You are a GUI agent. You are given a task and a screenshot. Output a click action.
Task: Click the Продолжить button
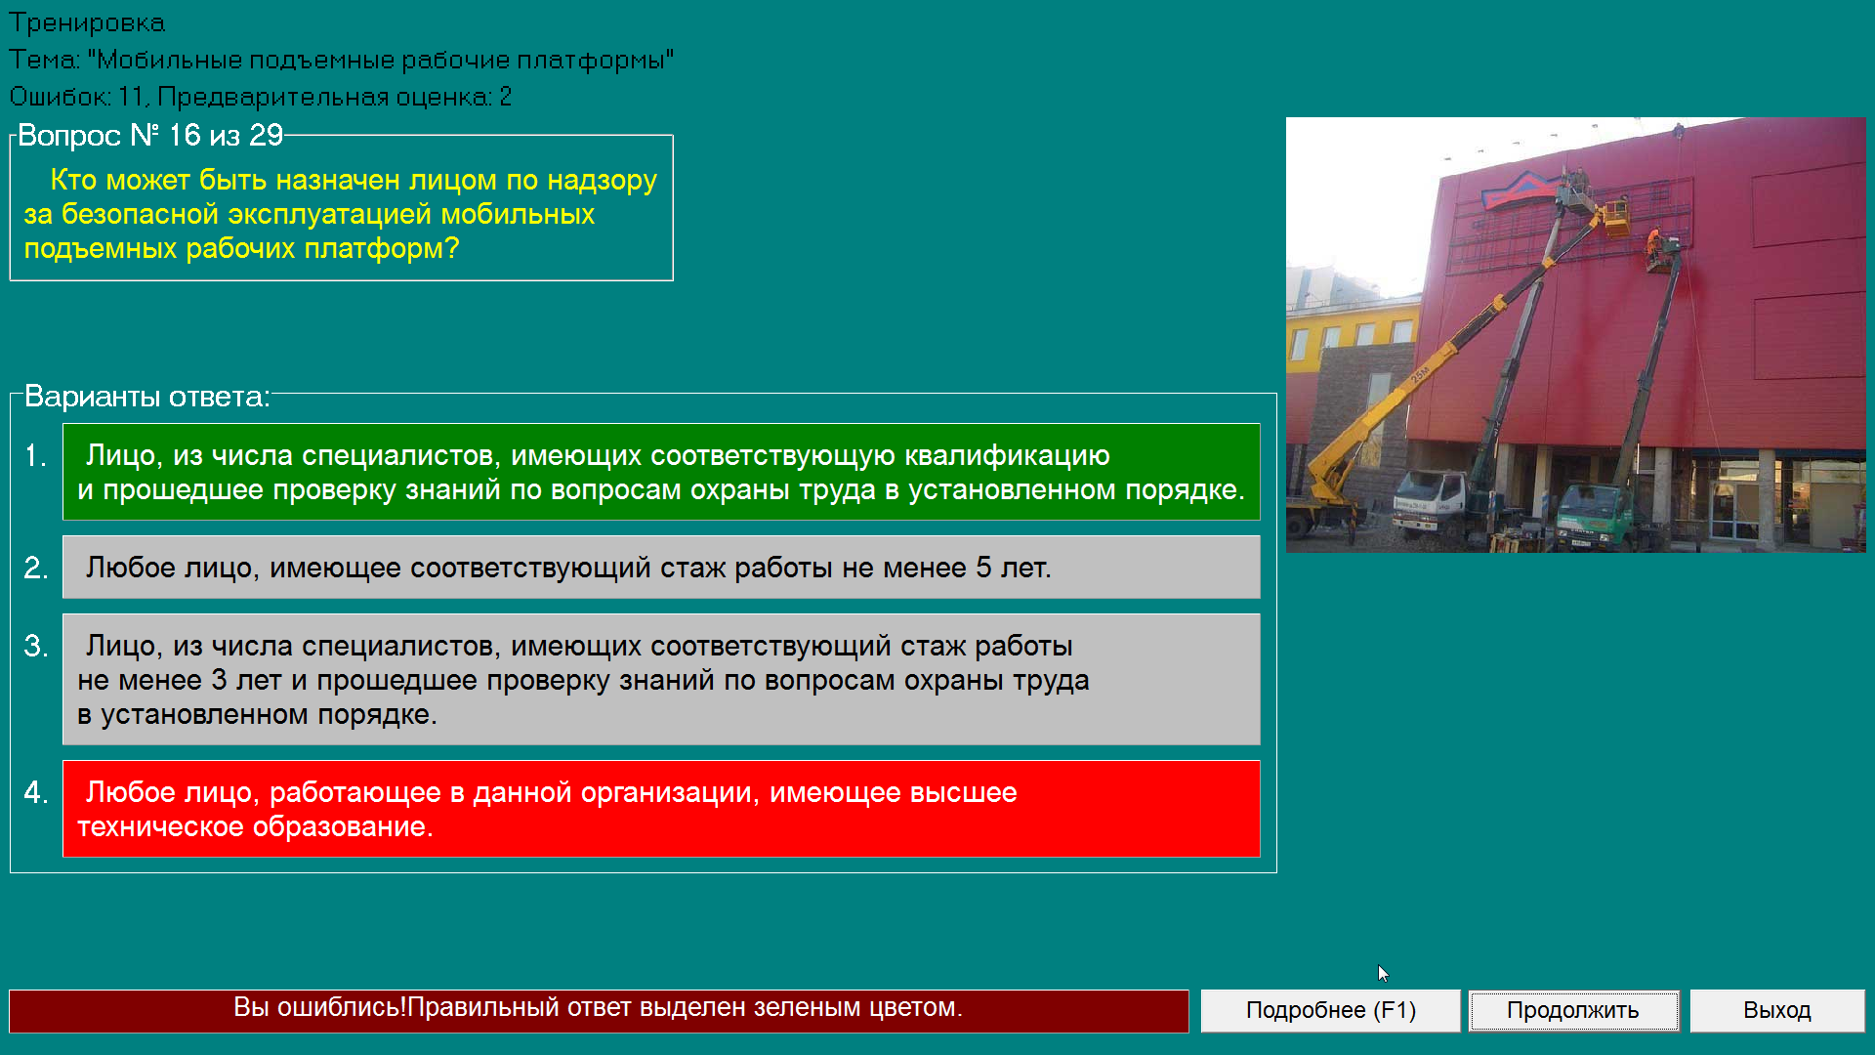(x=1573, y=1010)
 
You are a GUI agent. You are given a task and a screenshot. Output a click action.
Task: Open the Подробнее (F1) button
(x=1330, y=1010)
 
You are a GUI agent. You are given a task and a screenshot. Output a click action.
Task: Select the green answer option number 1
(x=661, y=472)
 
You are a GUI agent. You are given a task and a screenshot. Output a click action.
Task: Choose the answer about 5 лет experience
(x=661, y=567)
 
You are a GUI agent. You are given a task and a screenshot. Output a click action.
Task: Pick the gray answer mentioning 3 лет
(x=661, y=679)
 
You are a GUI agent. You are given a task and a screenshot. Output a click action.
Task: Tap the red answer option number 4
(x=661, y=809)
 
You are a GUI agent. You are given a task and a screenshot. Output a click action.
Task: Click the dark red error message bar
(x=599, y=1010)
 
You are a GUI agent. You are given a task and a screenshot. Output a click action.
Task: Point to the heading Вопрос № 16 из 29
(x=150, y=135)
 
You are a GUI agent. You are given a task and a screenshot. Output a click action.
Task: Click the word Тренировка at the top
(x=87, y=22)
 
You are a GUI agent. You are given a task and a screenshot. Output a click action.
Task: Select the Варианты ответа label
(x=146, y=397)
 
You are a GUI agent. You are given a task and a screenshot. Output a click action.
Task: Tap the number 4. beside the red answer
(x=36, y=792)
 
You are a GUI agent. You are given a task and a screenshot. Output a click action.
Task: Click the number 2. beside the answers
(x=36, y=568)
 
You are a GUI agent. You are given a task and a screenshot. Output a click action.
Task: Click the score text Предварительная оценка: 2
(x=334, y=97)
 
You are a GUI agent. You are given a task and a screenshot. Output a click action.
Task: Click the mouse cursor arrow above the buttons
(x=1383, y=973)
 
